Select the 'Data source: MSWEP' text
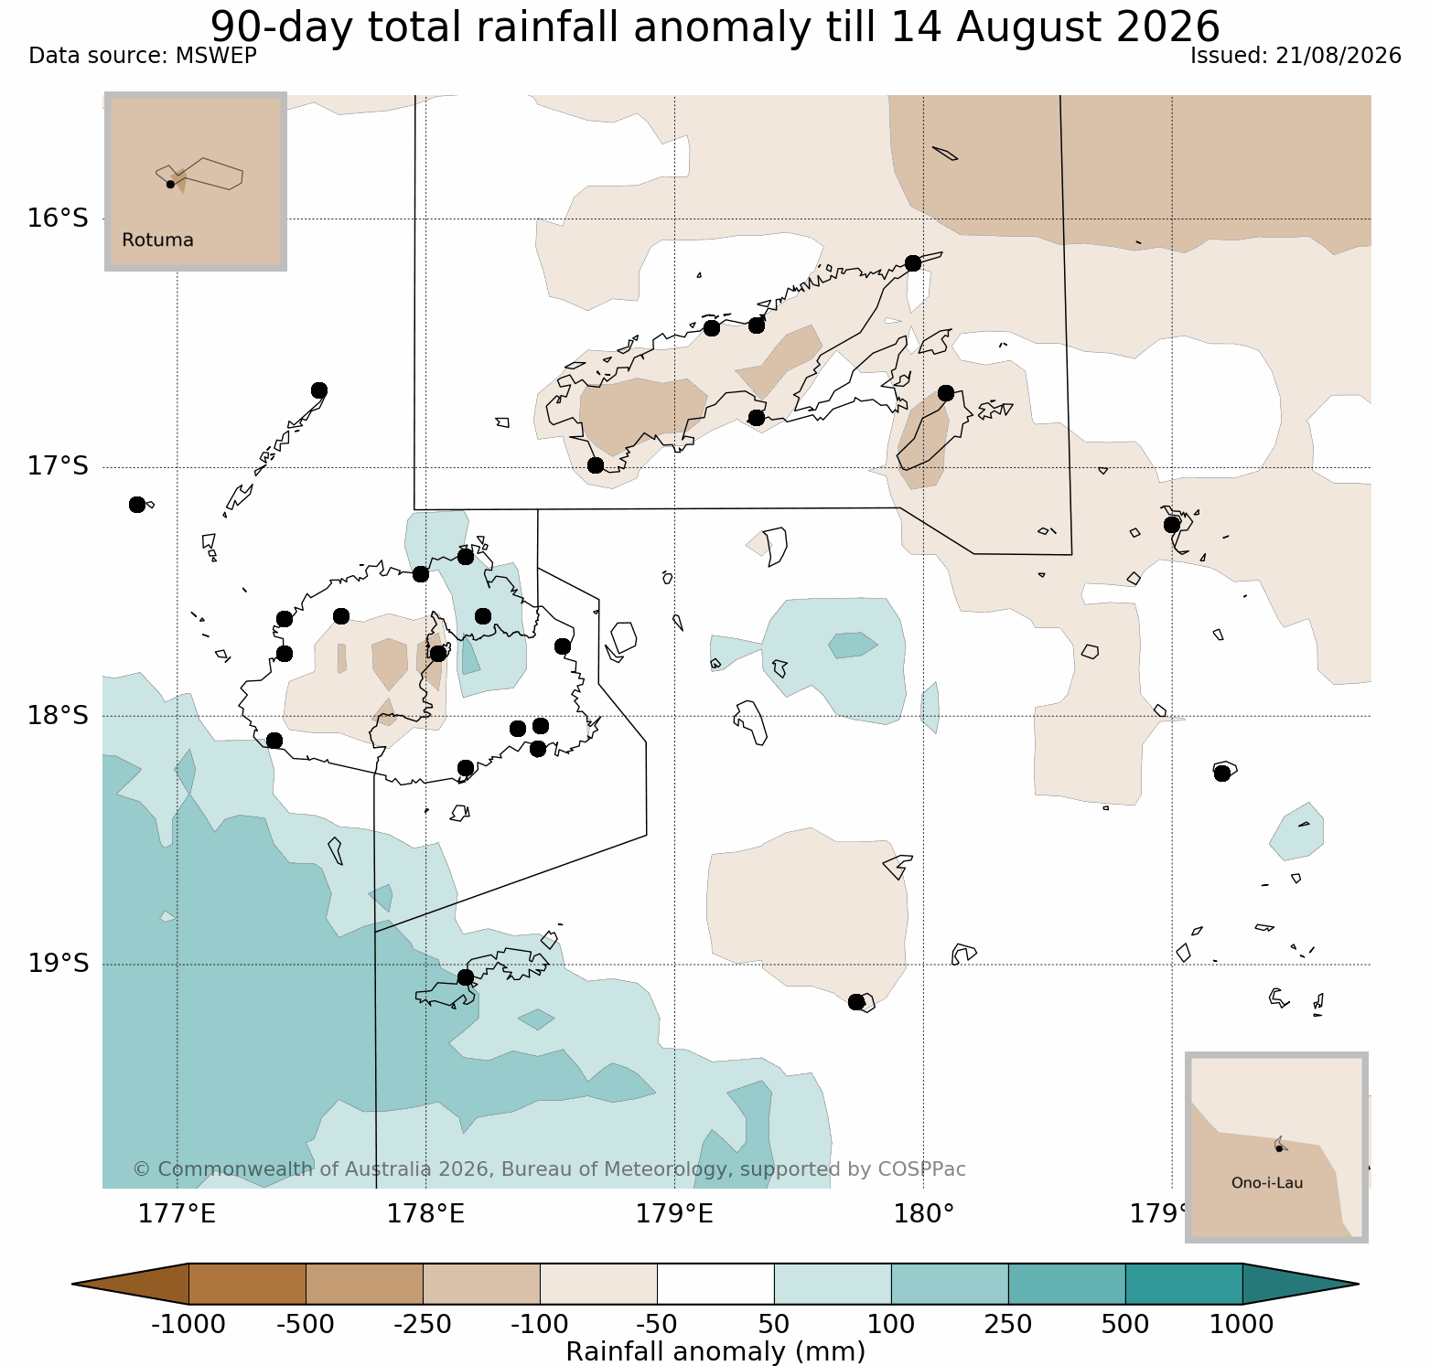click(x=143, y=56)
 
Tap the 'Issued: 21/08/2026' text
click(x=1296, y=56)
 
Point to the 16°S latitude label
click(x=58, y=219)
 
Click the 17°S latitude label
click(x=58, y=467)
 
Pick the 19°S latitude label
click(x=58, y=964)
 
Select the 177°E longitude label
click(x=177, y=1214)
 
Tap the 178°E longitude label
click(x=425, y=1214)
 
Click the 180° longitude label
click(x=924, y=1214)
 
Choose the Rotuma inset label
click(x=157, y=240)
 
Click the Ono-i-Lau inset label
click(x=1267, y=1183)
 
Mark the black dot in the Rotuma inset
click(x=170, y=184)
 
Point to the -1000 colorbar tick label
click(x=188, y=1324)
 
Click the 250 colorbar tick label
click(x=1008, y=1324)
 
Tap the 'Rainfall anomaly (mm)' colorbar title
click(x=715, y=1351)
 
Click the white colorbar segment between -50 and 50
click(x=715, y=1284)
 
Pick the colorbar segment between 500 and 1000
click(x=1184, y=1284)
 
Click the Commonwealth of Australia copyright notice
click(x=549, y=1169)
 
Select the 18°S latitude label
click(x=58, y=715)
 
